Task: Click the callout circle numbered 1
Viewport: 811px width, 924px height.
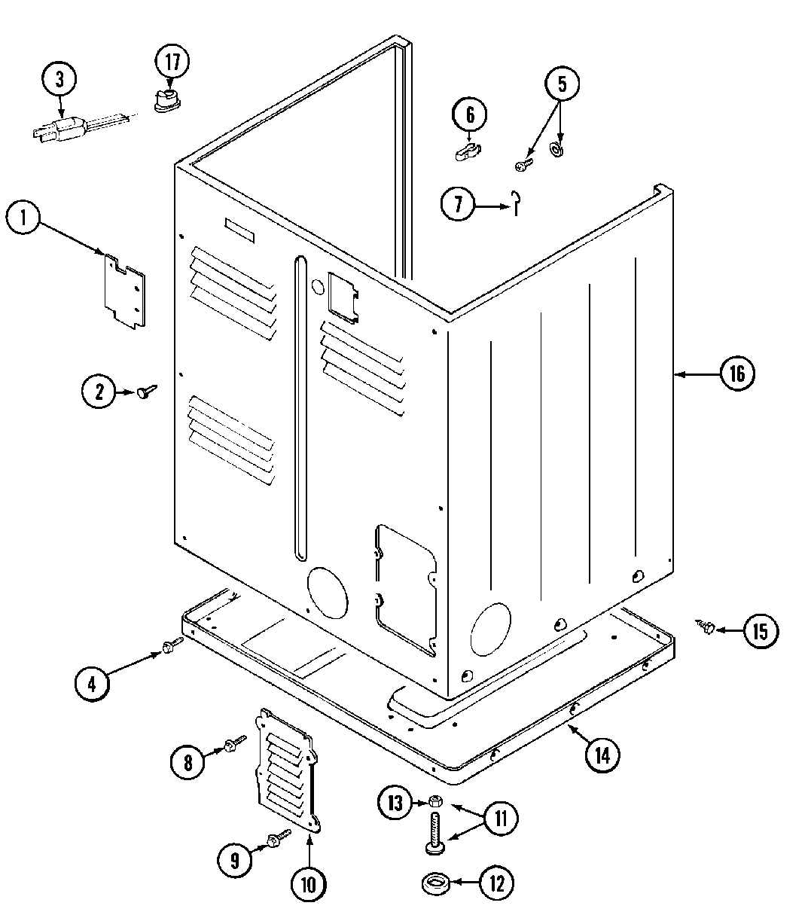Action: point(24,219)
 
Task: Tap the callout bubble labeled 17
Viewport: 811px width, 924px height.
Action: point(172,61)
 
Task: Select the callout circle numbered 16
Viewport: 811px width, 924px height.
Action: point(736,374)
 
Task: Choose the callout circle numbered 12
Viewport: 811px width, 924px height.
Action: point(496,882)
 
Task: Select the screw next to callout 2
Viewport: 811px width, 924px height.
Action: point(148,390)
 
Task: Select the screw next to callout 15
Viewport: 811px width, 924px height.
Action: point(706,626)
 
